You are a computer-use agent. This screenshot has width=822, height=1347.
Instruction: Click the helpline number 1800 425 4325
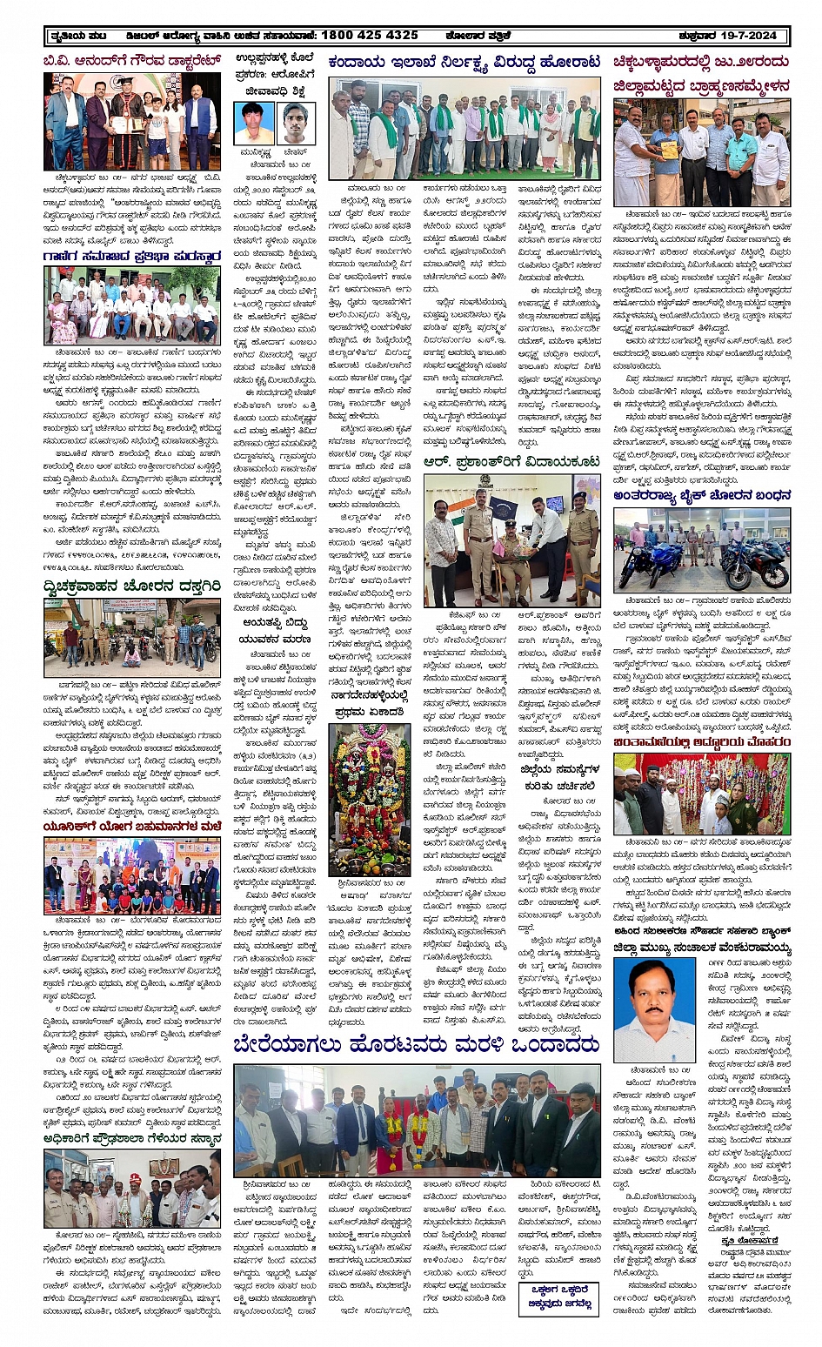pyautogui.click(x=369, y=36)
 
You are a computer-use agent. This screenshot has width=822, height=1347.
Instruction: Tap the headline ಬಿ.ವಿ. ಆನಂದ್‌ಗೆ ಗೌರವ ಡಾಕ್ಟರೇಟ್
pyautogui.click(x=131, y=62)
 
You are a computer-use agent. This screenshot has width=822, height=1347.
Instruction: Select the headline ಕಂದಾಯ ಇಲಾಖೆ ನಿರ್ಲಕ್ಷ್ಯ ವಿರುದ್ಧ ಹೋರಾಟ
pyautogui.click(x=464, y=63)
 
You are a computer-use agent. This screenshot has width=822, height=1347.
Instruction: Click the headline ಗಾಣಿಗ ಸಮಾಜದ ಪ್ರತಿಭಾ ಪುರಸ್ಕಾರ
pyautogui.click(x=131, y=257)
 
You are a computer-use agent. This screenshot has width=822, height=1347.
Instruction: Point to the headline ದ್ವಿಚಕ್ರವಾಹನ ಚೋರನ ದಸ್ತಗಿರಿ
pyautogui.click(x=131, y=587)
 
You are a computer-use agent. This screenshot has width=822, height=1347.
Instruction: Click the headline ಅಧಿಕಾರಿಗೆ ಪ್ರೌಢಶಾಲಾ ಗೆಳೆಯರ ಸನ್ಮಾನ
pyautogui.click(x=131, y=1137)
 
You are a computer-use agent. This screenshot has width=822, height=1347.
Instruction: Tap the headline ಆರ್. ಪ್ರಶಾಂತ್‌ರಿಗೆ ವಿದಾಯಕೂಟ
pyautogui.click(x=512, y=461)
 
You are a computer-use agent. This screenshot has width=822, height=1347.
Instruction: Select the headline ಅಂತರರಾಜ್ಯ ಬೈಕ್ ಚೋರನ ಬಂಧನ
pyautogui.click(x=702, y=495)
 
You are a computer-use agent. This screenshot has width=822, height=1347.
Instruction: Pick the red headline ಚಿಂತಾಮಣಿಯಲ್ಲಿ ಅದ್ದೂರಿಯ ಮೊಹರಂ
pyautogui.click(x=702, y=742)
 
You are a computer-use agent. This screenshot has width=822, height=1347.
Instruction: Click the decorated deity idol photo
pyautogui.click(x=369, y=800)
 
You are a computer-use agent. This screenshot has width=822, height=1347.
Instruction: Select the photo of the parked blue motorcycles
pyautogui.click(x=702, y=549)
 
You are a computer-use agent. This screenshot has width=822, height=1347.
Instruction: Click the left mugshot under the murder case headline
pyautogui.click(x=254, y=123)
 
